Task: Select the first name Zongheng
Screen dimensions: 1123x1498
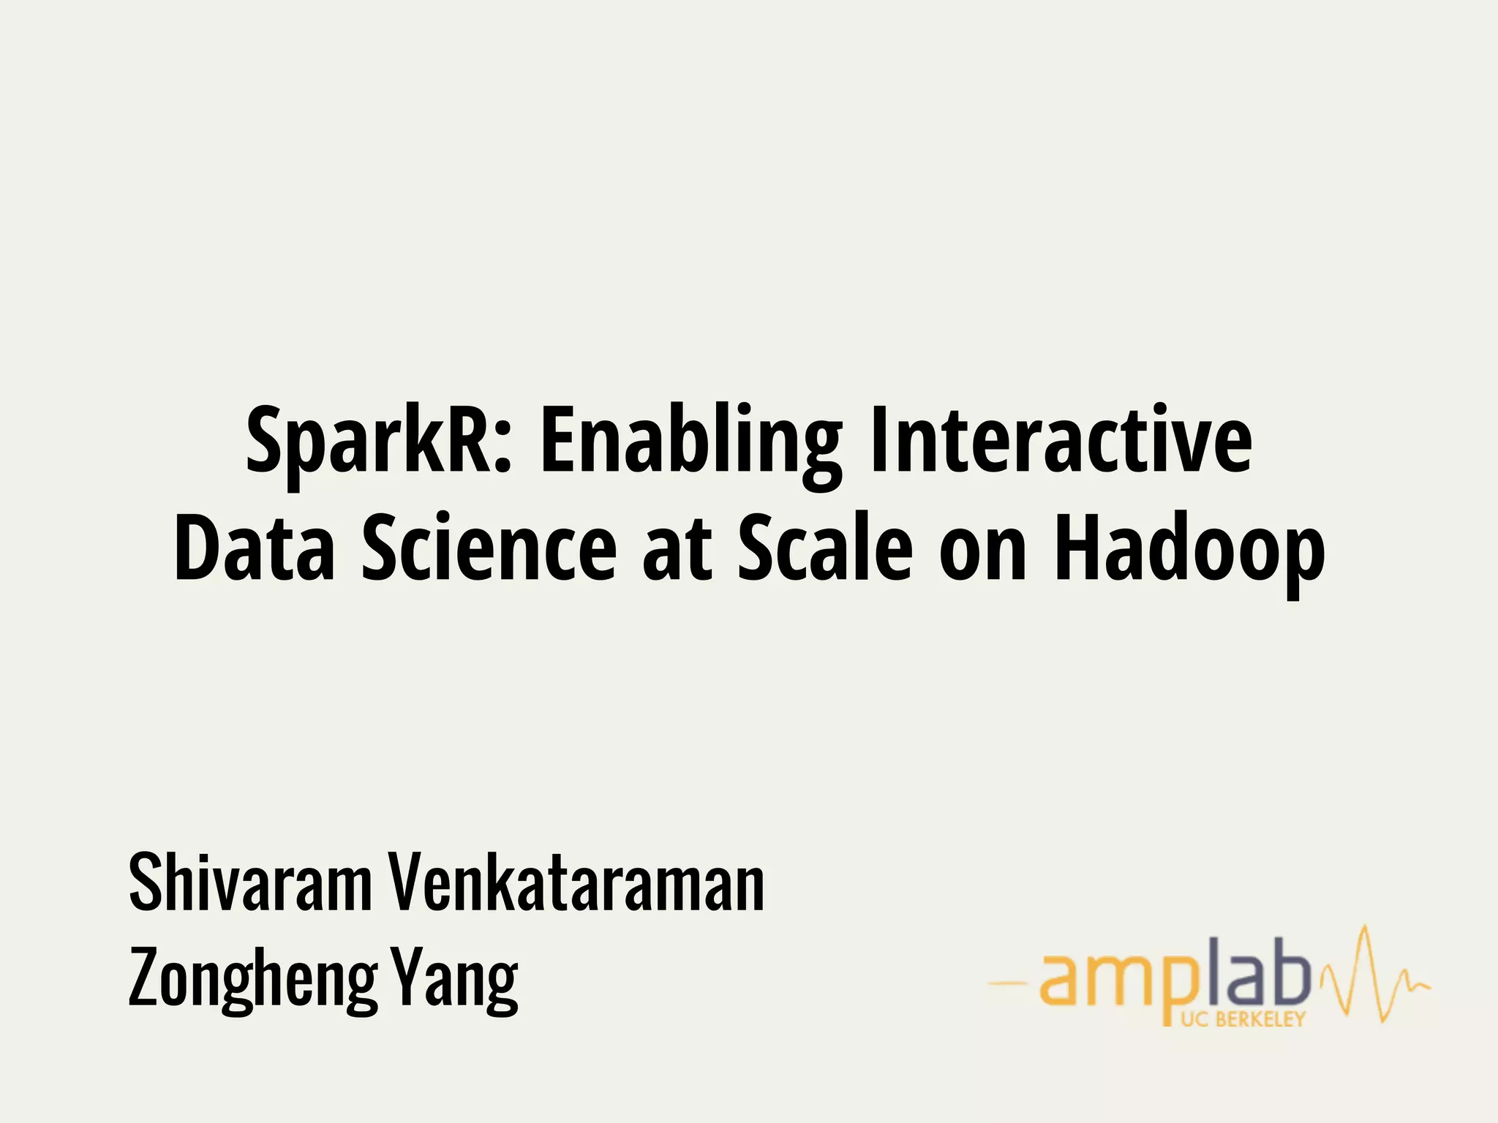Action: click(x=252, y=980)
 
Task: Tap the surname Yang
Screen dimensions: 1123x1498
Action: click(x=453, y=980)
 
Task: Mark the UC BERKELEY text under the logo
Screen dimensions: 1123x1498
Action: click(x=1243, y=1019)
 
